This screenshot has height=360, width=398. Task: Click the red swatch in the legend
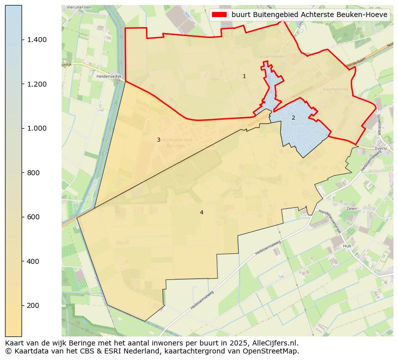pyautogui.click(x=220, y=15)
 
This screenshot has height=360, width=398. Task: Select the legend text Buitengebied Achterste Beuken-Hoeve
pyautogui.click(x=309, y=15)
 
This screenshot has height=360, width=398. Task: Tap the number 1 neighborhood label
pyautogui.click(x=244, y=77)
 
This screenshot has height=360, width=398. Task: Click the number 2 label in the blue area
pyautogui.click(x=293, y=118)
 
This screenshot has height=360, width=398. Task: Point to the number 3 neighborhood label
pyautogui.click(x=158, y=140)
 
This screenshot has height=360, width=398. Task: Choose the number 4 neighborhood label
pyautogui.click(x=202, y=213)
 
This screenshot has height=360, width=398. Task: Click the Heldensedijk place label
pyautogui.click(x=109, y=77)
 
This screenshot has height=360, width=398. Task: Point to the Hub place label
pyautogui.click(x=347, y=246)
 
